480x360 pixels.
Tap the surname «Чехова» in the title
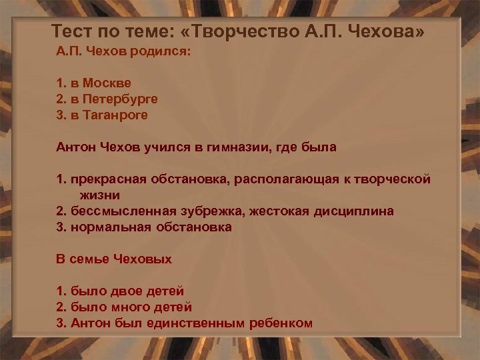pyautogui.click(x=391, y=31)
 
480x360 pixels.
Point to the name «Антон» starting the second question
pyautogui.click(x=75, y=147)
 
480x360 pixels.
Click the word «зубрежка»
pyautogui.click(x=213, y=211)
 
